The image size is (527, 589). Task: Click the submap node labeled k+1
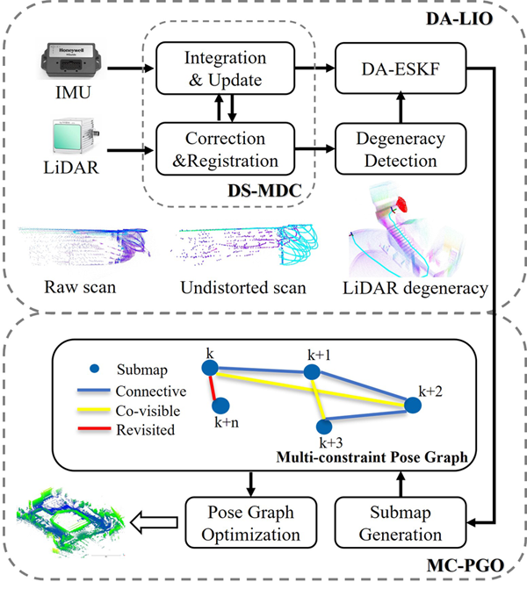[x=311, y=373]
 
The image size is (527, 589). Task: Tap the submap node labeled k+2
[x=410, y=406]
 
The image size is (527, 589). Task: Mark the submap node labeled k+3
[x=328, y=424]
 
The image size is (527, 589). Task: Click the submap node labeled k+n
[x=220, y=406]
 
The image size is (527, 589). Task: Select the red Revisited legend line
[x=90, y=430]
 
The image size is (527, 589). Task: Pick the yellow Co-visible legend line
[x=90, y=410]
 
